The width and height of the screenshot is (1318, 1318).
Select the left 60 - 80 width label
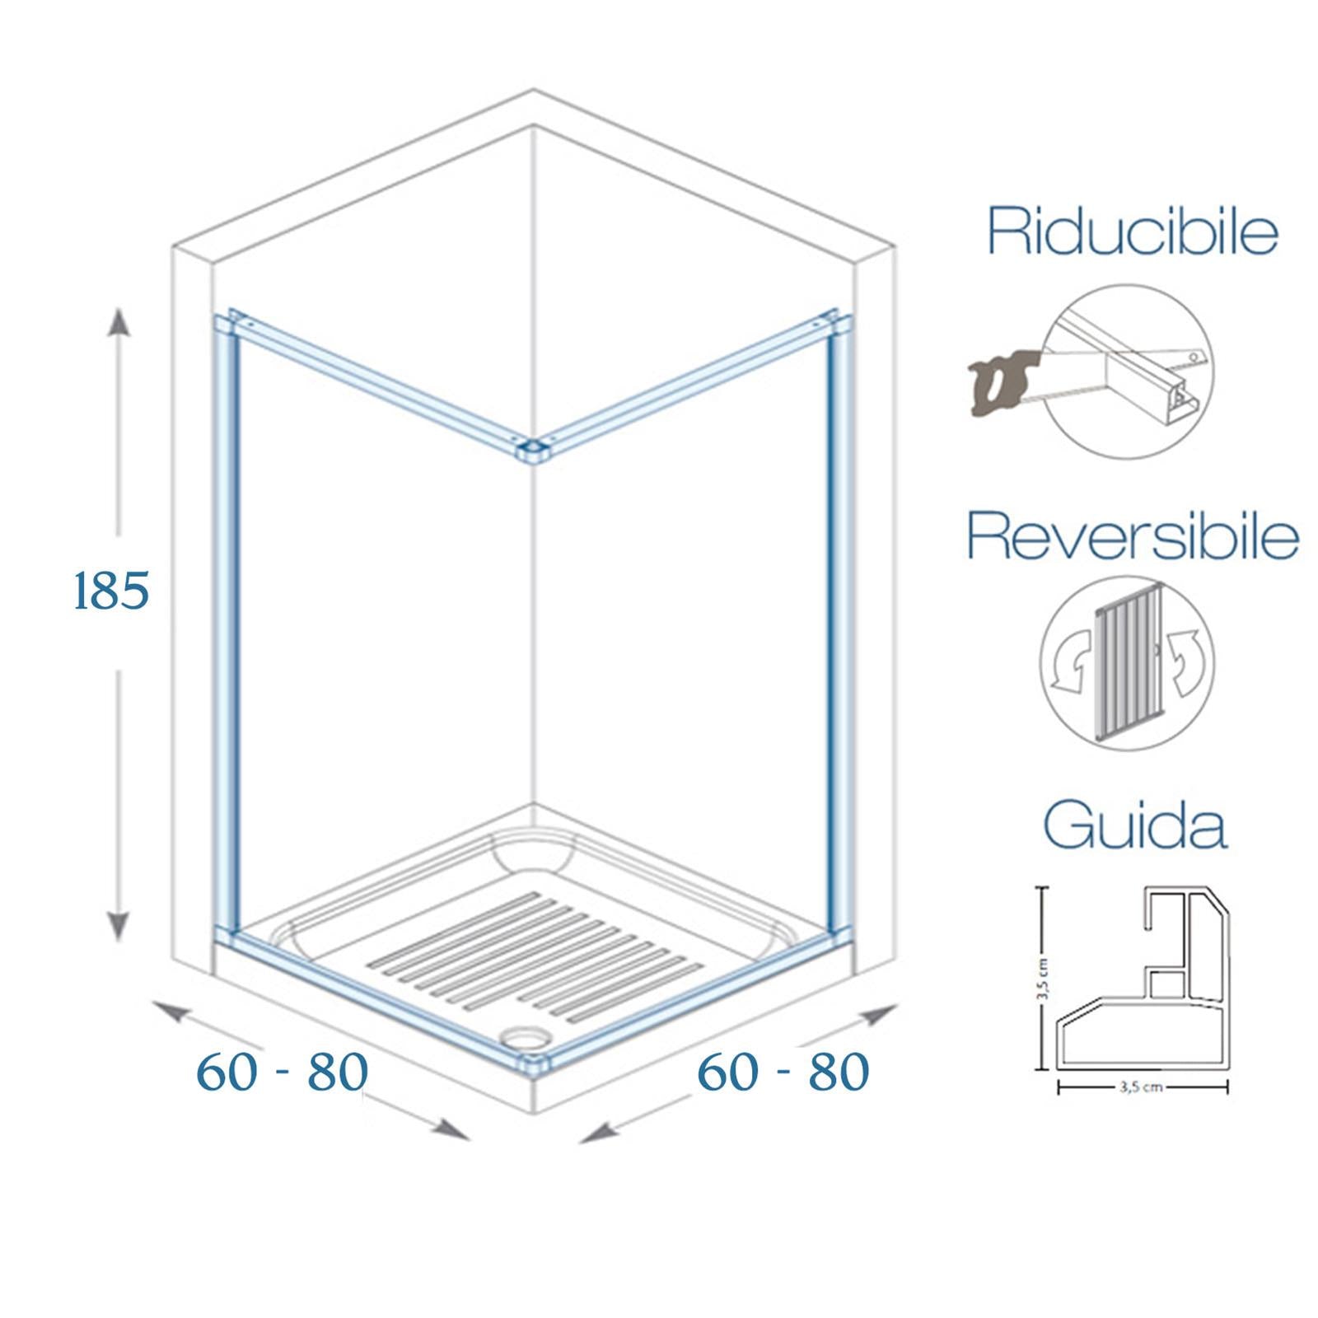282,1072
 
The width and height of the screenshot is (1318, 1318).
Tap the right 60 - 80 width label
783,1072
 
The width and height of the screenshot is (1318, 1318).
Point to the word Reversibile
1133,536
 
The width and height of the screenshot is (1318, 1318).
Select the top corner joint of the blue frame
532,450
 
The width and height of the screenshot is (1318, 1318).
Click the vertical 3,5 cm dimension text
1043,979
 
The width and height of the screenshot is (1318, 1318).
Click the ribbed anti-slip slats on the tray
527,956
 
